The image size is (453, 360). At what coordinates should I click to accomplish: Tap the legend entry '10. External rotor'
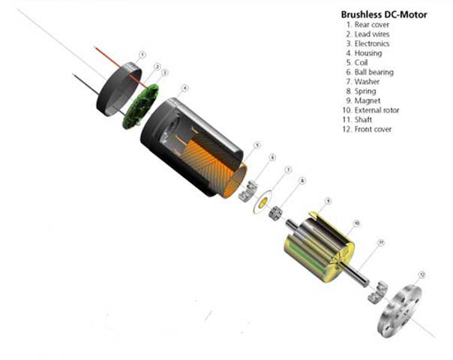point(377,110)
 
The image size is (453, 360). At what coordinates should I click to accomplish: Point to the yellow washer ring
point(263,202)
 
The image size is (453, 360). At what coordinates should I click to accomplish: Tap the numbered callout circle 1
point(142,55)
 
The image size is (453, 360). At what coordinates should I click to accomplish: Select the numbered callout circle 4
point(184,88)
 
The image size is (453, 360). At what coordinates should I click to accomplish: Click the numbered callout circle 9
point(327,201)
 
